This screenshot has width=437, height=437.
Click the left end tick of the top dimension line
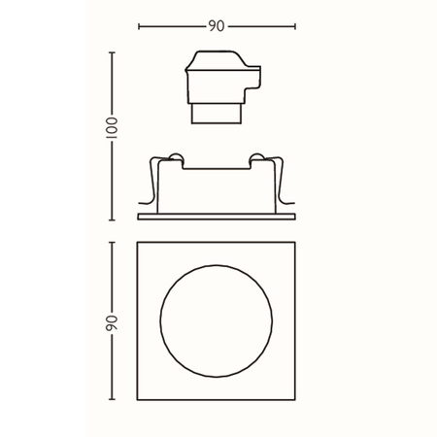(140, 26)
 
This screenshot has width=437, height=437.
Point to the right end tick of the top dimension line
(295, 26)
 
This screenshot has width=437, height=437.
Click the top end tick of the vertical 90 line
(112, 242)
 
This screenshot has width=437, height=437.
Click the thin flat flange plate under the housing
(217, 213)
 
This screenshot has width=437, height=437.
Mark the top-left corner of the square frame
(139, 242)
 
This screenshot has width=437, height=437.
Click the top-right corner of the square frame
(294, 242)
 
